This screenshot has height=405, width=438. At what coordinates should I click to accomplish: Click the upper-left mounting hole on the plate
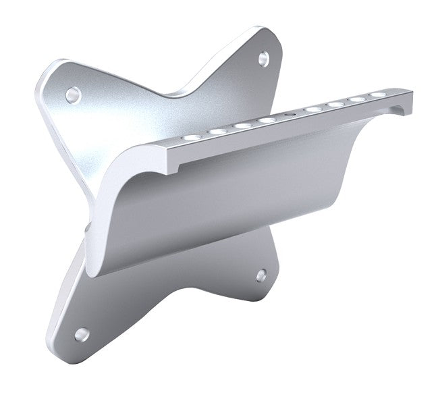72,94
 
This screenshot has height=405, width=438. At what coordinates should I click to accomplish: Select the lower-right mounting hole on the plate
261,274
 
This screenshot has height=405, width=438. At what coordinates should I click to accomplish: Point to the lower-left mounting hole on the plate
81,333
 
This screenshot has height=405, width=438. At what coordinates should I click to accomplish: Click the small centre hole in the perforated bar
290,116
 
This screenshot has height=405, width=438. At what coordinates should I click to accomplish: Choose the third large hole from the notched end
335,104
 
